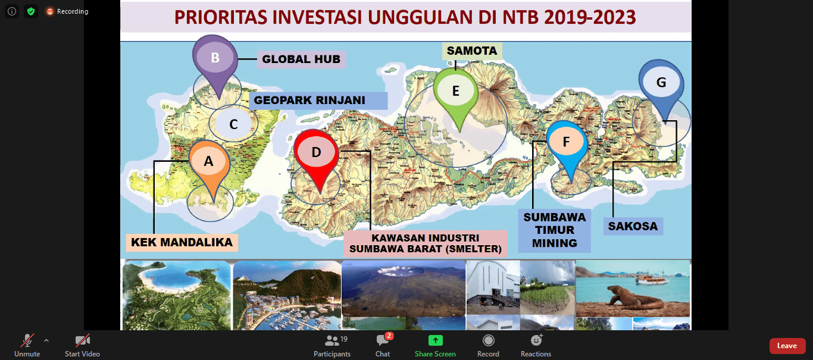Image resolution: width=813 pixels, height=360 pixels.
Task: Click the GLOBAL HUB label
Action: click(301, 59)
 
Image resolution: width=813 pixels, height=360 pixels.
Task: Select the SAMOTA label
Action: click(472, 51)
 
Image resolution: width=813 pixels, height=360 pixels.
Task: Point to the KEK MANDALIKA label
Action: click(182, 242)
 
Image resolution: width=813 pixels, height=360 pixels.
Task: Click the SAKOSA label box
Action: click(633, 226)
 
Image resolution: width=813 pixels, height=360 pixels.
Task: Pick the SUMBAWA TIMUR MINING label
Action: click(554, 230)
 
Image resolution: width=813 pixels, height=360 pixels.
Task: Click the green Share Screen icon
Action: click(435, 340)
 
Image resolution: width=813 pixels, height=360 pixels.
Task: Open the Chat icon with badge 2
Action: click(383, 340)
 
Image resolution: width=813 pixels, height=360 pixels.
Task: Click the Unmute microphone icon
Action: click(27, 340)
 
